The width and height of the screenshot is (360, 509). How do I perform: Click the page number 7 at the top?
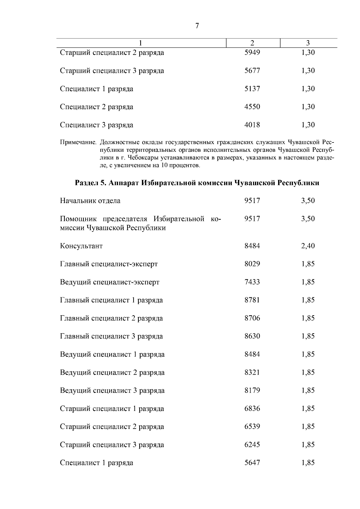197,26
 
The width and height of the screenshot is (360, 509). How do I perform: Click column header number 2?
252,43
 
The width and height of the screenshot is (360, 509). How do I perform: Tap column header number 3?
308,43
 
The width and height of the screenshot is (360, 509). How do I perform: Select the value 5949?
252,53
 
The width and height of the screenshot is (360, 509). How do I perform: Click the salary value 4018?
252,125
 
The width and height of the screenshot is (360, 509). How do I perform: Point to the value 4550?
252,107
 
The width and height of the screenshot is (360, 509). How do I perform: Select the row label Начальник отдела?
90,201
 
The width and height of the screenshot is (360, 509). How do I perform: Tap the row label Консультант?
81,246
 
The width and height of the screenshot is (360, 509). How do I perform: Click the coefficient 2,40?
308,246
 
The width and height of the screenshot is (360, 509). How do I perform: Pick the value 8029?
252,264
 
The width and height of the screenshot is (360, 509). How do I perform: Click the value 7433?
252,282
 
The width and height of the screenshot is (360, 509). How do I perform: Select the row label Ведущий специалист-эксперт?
109,282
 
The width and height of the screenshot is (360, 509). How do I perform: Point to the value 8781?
252,300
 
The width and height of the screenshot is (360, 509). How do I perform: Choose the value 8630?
252,336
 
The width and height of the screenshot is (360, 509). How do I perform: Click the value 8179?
252,391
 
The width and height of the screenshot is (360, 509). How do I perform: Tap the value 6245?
252,445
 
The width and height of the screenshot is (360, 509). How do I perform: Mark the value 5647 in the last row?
252,463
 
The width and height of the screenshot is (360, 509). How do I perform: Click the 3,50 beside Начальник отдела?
308,201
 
